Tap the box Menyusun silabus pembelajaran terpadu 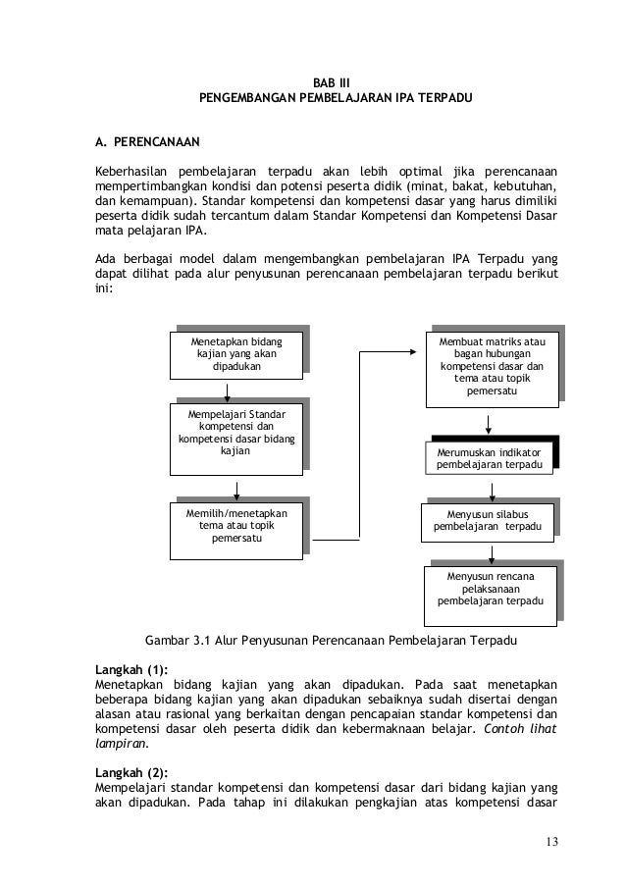tap(488, 519)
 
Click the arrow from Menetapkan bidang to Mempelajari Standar tap(227, 390)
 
